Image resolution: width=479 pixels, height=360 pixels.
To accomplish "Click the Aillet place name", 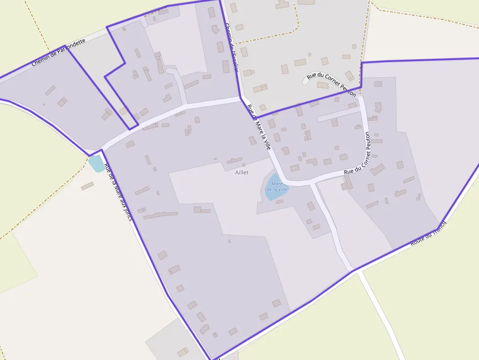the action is pos(242,173).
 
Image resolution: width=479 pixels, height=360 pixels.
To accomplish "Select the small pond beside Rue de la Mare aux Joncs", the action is pos(96,164).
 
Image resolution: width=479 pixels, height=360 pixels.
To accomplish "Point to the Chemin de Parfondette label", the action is pos(58,53).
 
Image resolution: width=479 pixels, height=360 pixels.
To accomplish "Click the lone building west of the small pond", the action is pos(87,186).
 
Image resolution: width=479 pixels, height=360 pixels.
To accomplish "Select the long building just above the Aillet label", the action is pos(234,161).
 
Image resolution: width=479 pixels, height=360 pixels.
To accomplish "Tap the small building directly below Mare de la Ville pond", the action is pos(279,201).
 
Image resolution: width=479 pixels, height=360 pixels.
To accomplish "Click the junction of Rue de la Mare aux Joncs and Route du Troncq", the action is pos(212,359).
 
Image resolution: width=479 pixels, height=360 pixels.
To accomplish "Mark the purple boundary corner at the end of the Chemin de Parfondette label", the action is pos(65,46).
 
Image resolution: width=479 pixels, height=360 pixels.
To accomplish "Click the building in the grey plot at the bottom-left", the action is pos(183,352).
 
